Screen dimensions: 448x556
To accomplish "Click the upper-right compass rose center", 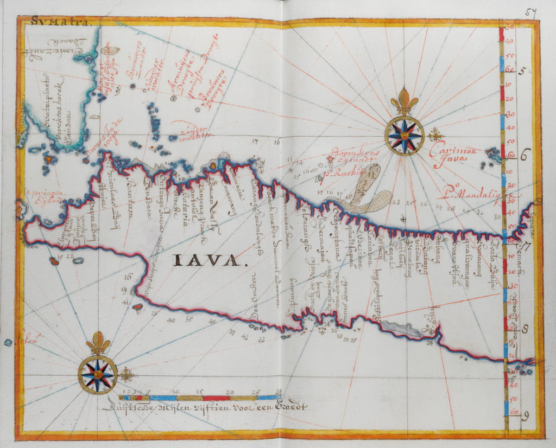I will pos(405,135).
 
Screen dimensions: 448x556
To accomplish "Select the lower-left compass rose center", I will pos(98,374).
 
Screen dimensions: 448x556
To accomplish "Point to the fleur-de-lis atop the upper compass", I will pos(405,101).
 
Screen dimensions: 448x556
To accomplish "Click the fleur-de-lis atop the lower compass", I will pos(98,343).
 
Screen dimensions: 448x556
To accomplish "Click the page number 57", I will pos(530,13).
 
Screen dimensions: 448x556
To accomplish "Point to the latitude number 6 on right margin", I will pos(525,155).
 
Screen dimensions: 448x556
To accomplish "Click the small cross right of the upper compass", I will pos(435,135).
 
